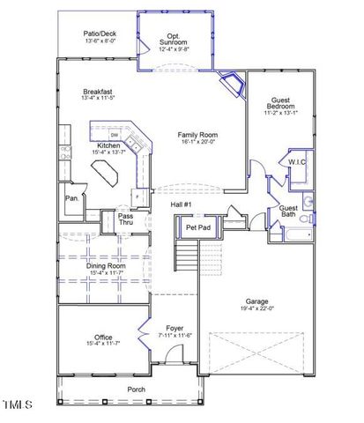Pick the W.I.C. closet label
pyautogui.click(x=293, y=161)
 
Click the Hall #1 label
pyautogui.click(x=182, y=204)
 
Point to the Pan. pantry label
pyautogui.click(x=71, y=198)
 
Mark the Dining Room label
pyautogui.click(x=106, y=265)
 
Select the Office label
pyautogui.click(x=104, y=337)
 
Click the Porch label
pyautogui.click(x=136, y=389)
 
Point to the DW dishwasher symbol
pyautogui.click(x=127, y=135)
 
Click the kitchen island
pyautogui.click(x=113, y=174)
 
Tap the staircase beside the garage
pyautogui.click(x=186, y=256)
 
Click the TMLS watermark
pyautogui.click(x=17, y=405)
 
